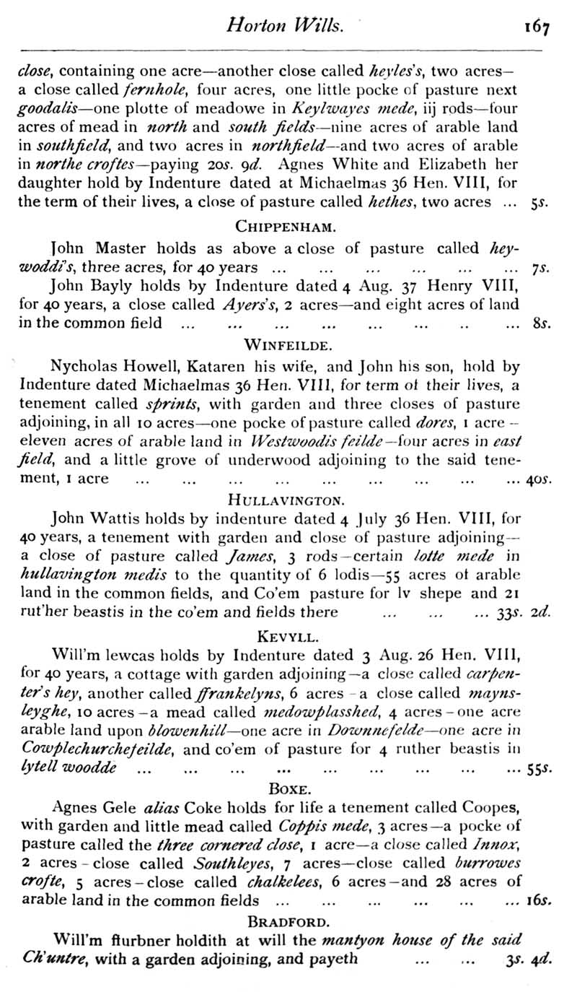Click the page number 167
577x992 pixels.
[x=537, y=27]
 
